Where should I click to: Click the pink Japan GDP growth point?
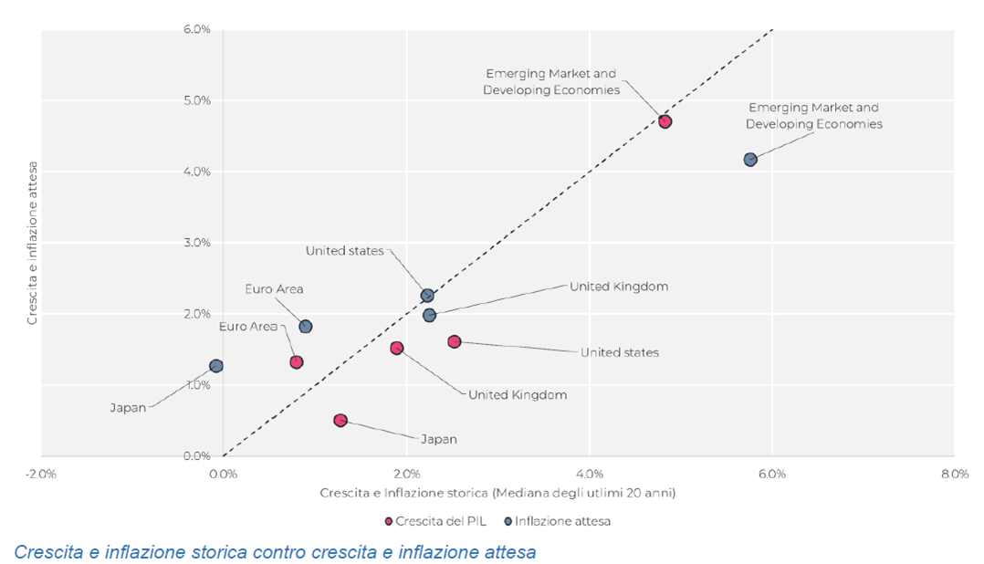[x=340, y=421]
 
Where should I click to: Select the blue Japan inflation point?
[x=216, y=366]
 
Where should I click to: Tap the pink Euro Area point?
[x=297, y=362]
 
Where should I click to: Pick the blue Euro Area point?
[x=306, y=327]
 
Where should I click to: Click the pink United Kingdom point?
[x=397, y=348]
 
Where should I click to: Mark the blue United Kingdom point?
[x=430, y=315]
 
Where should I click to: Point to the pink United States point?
[x=455, y=341]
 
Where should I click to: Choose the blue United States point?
[x=427, y=296]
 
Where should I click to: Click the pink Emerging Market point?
[x=665, y=121]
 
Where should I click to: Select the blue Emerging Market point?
[x=750, y=160]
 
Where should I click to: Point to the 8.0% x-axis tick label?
[x=954, y=474]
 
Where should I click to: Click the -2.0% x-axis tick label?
[x=41, y=474]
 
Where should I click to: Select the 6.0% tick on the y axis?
[x=197, y=29]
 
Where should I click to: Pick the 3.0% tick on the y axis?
[x=197, y=243]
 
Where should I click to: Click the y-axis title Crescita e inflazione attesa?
[x=32, y=243]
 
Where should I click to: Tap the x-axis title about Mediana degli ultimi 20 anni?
[x=497, y=493]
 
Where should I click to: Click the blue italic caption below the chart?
[x=275, y=552]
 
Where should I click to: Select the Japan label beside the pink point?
[x=438, y=439]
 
